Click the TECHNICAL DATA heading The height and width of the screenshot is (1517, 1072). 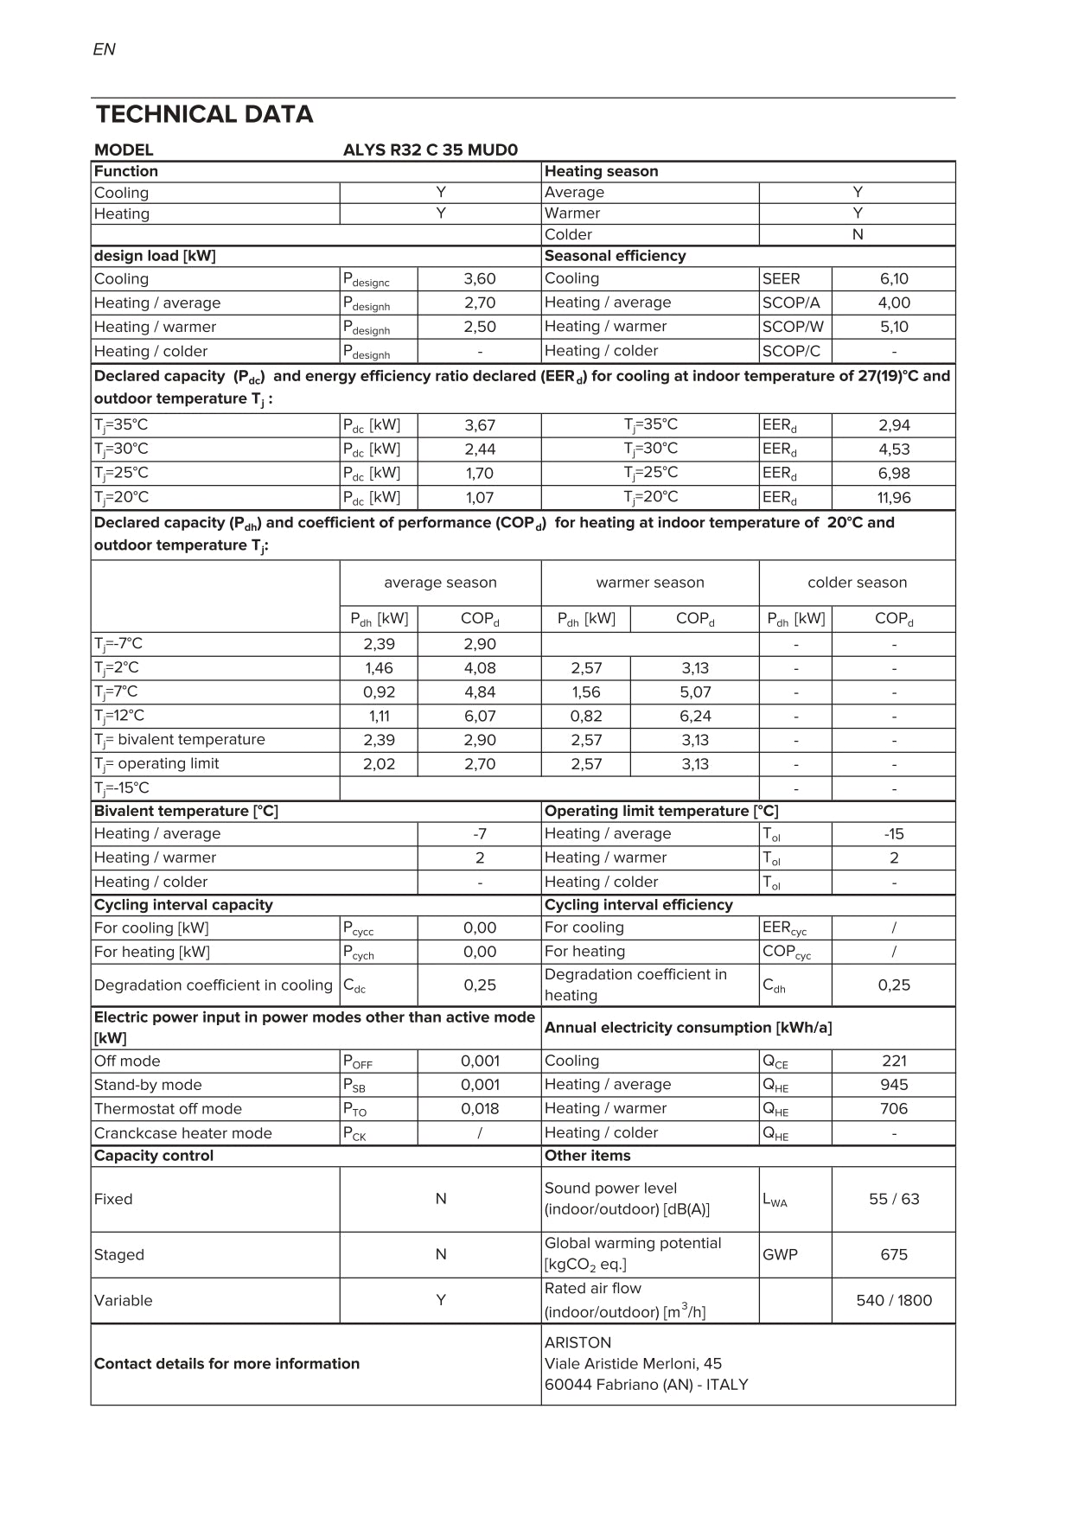(x=204, y=114)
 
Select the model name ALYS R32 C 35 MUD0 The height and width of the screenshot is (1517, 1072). (x=430, y=150)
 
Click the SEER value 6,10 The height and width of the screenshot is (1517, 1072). (x=894, y=278)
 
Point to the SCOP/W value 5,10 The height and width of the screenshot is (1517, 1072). (x=894, y=327)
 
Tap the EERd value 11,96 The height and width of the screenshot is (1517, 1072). (x=894, y=497)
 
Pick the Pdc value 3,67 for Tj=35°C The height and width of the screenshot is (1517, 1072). (x=480, y=425)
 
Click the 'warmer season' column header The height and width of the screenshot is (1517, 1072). (x=650, y=583)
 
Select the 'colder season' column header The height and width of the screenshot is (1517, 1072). (x=857, y=583)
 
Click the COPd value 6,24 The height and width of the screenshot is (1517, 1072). (x=695, y=716)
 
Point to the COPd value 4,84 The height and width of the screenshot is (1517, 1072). (x=480, y=692)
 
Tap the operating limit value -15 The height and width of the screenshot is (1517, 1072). (x=894, y=834)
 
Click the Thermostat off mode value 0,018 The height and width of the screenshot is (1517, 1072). (x=479, y=1109)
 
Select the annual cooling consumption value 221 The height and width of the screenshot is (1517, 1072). (x=894, y=1061)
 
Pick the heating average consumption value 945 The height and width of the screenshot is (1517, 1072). (x=894, y=1085)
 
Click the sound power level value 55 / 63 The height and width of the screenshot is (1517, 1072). (x=894, y=1199)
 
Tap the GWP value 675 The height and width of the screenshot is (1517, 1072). (x=894, y=1254)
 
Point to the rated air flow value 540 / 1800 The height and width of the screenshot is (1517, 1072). (x=894, y=1300)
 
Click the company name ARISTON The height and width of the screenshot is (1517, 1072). (x=577, y=1342)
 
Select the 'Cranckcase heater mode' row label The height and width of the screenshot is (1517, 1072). (x=183, y=1133)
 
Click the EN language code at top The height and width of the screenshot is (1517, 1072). (x=104, y=49)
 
